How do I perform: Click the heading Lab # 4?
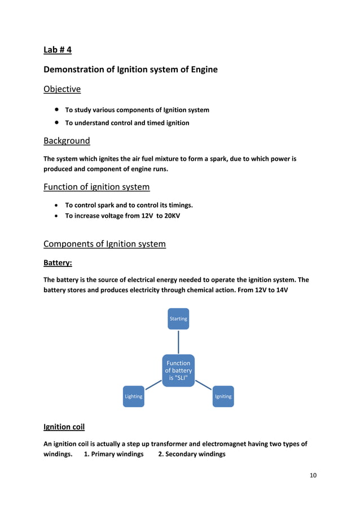pyautogui.click(x=58, y=50)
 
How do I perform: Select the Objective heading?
pyautogui.click(x=62, y=89)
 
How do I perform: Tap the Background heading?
pyautogui.click(x=67, y=141)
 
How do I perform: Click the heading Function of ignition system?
pyautogui.click(x=96, y=187)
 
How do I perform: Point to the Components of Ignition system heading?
pyautogui.click(x=104, y=244)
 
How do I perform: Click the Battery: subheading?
pyautogui.click(x=58, y=263)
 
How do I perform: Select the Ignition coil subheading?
pyautogui.click(x=64, y=427)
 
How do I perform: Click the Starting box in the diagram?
pyautogui.click(x=178, y=319)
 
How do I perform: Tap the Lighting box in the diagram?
pyautogui.click(x=134, y=396)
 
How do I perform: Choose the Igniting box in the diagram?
pyautogui.click(x=223, y=396)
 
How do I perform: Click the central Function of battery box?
pyautogui.click(x=178, y=370)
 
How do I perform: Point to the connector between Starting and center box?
pyautogui.click(x=178, y=342)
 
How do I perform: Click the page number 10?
pyautogui.click(x=313, y=475)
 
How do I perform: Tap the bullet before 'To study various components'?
pyautogui.click(x=57, y=110)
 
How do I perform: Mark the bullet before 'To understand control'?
pyautogui.click(x=57, y=122)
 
